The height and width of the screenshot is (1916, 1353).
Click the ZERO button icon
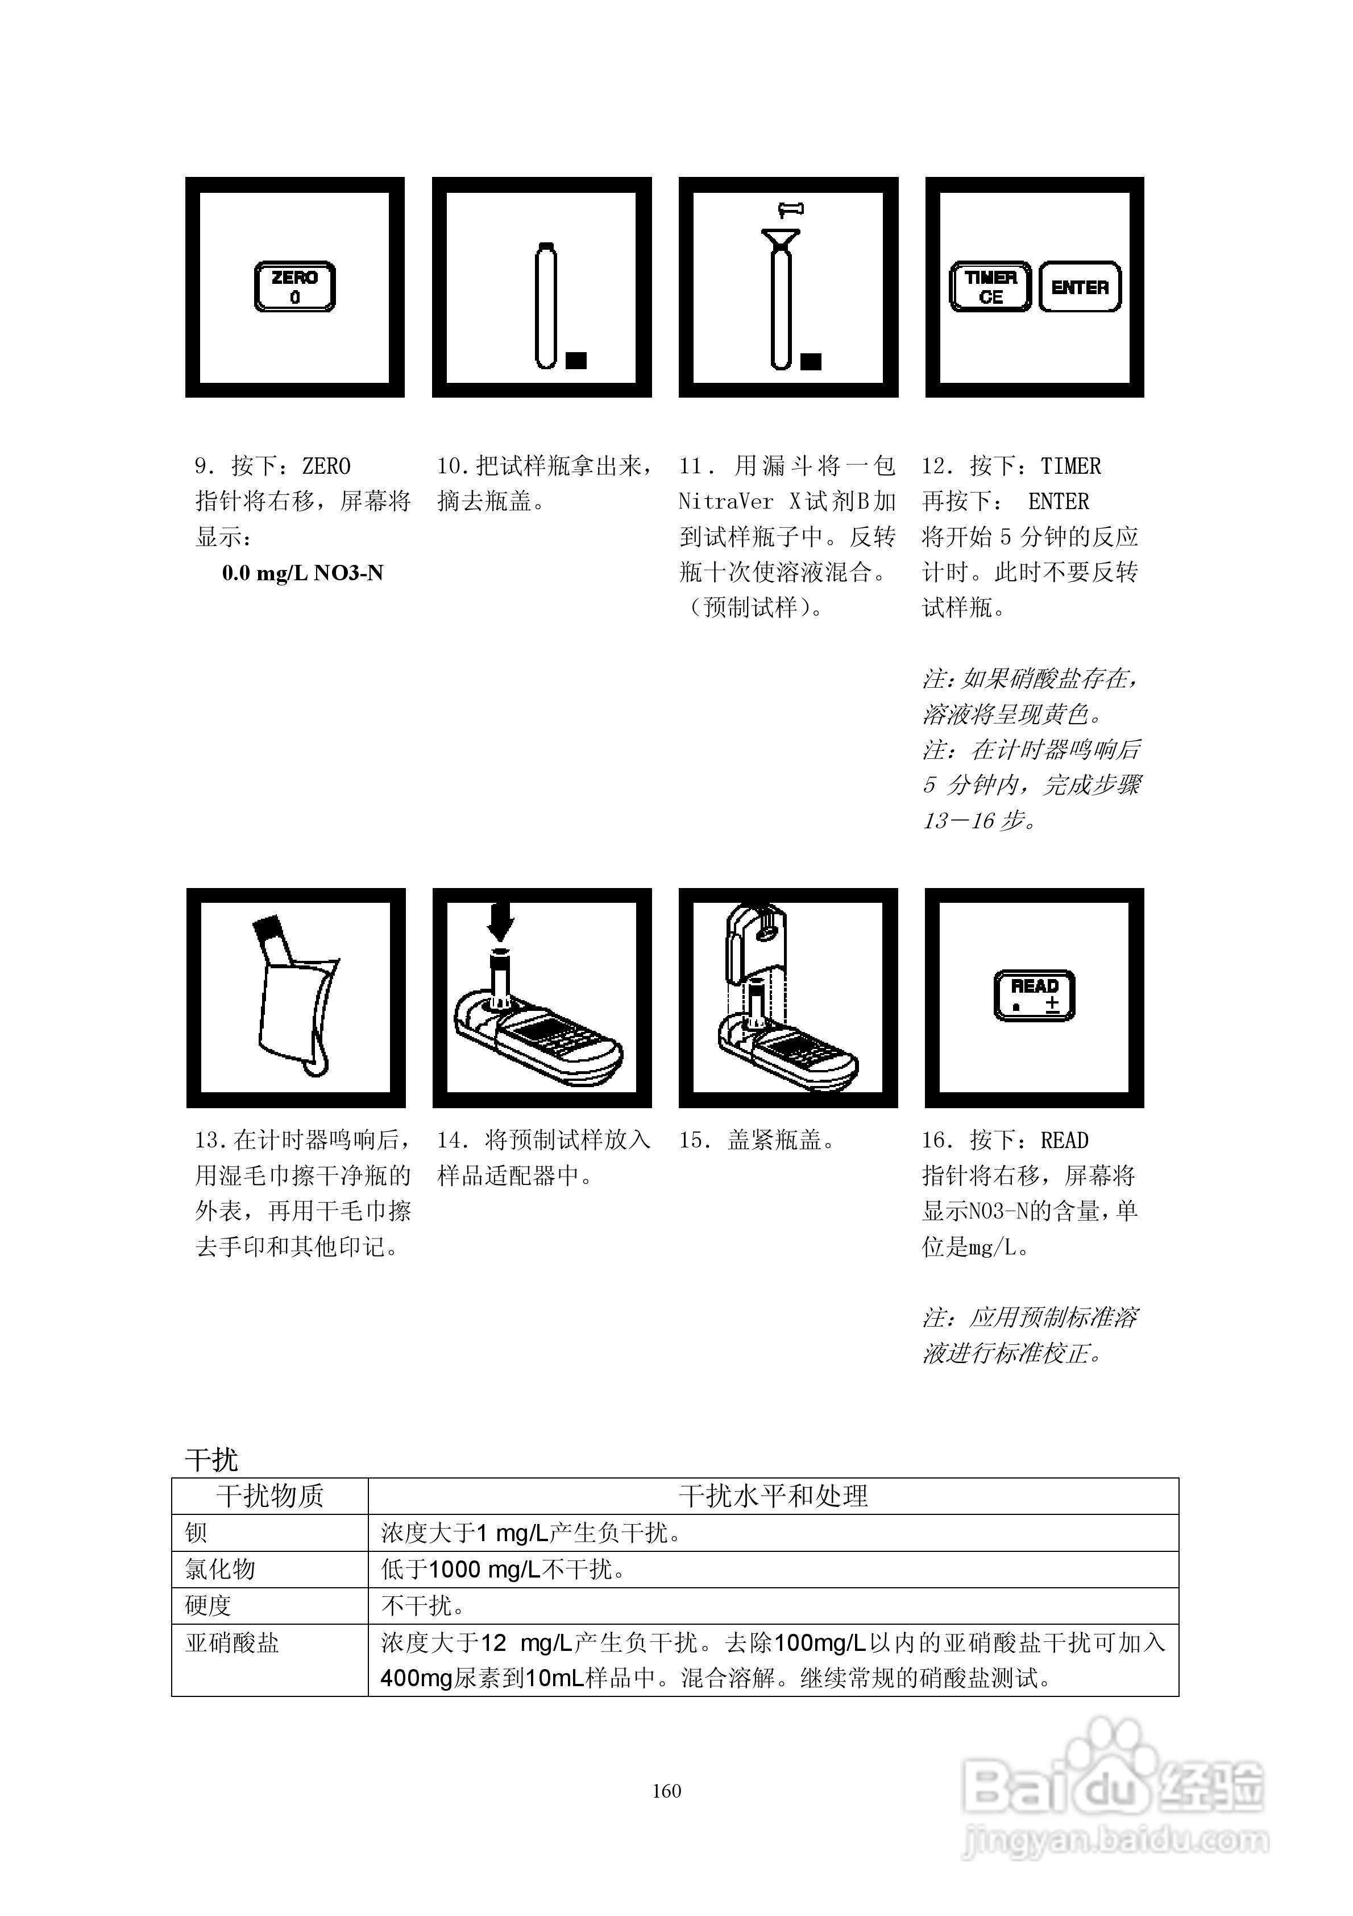tap(294, 287)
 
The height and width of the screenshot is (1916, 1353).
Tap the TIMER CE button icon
tap(990, 287)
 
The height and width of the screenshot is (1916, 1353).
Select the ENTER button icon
tap(1080, 287)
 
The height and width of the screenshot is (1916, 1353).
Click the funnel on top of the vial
tap(780, 241)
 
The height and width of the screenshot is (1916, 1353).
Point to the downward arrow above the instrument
tap(500, 923)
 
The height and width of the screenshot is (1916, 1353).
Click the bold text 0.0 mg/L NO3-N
tap(302, 573)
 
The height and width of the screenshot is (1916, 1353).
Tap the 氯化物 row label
tap(220, 1569)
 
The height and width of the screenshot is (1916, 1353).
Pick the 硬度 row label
tap(207, 1605)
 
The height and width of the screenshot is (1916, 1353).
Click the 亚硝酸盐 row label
tap(232, 1643)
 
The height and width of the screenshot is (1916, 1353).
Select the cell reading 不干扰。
tap(423, 1605)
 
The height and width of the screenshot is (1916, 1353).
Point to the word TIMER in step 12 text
tap(1070, 466)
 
